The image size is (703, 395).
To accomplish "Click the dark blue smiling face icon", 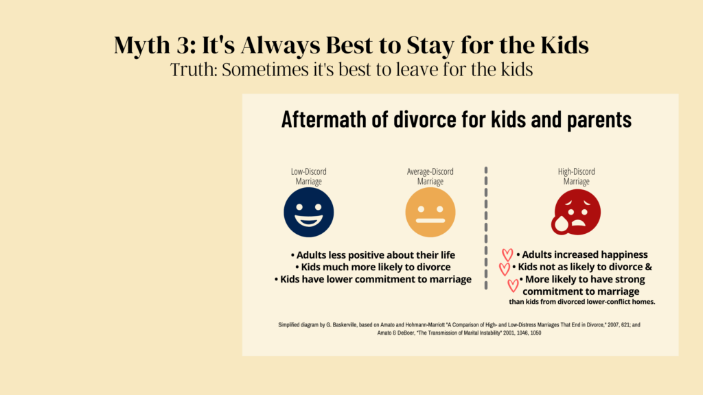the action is point(308,213).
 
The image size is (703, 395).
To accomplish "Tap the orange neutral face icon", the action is point(430,213).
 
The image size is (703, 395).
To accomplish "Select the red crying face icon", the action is point(576,212).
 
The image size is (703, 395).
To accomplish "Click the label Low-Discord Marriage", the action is point(308,176).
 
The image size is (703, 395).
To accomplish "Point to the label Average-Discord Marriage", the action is point(430,176).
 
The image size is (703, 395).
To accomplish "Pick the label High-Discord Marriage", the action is point(576,176).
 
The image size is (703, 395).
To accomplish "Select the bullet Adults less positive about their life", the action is point(373,255).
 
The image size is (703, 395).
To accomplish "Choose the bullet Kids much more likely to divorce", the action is point(373,267).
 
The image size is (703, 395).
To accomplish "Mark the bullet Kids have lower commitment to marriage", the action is point(373,280).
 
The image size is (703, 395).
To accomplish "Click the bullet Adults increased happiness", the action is point(582,255).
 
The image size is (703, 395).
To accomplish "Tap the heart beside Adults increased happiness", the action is point(507,255).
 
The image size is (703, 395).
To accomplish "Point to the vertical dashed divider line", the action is point(486,228).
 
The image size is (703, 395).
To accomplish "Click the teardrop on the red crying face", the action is point(560,224).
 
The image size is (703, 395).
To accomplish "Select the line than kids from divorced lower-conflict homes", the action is point(582,302).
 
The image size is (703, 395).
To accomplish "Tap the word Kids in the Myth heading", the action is point(564,45).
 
